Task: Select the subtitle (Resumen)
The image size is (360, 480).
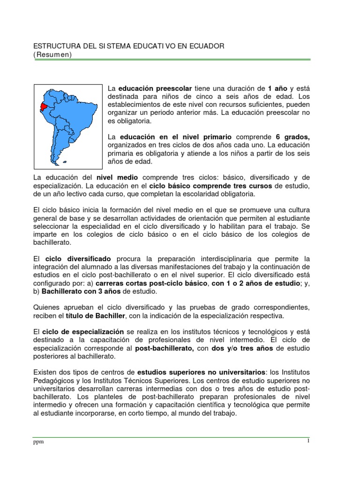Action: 52,54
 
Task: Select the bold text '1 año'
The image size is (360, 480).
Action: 277,88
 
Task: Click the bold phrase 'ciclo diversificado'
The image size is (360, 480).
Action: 78,258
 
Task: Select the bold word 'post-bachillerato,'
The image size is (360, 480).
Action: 165,348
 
